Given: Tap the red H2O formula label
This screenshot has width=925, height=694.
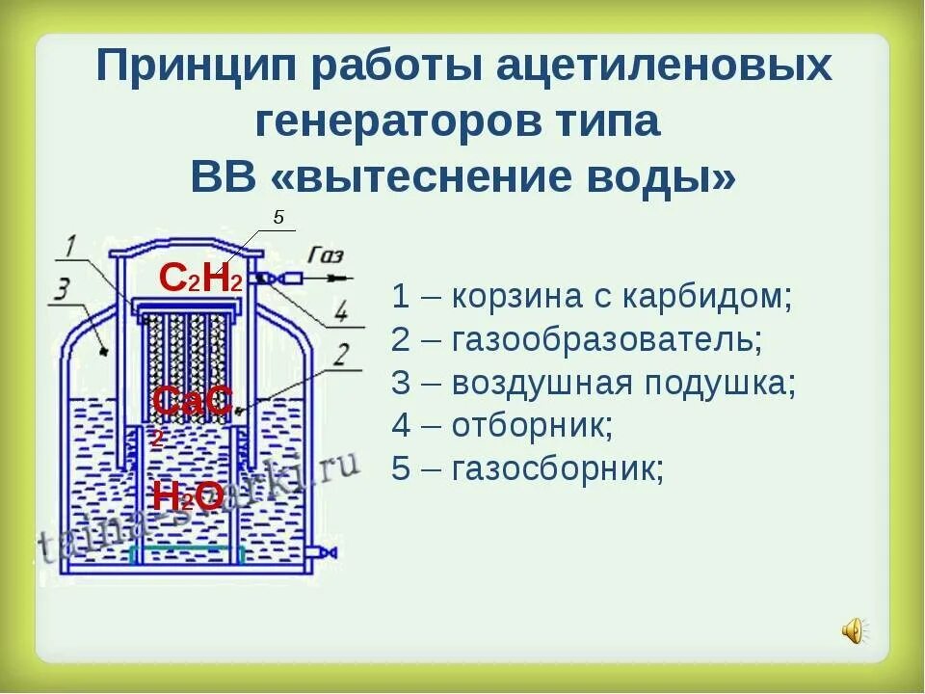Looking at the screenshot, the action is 188,496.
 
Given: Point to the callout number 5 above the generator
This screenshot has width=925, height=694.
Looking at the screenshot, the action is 278,218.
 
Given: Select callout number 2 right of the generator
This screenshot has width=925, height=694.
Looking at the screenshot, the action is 339,355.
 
